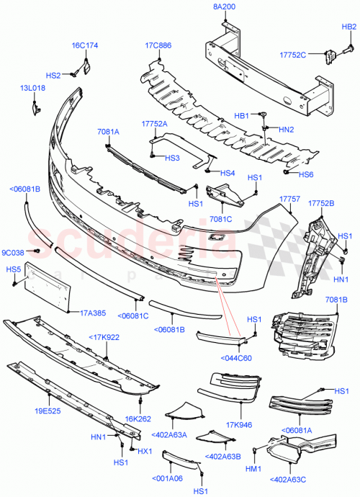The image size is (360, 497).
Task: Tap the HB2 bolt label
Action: (x=349, y=27)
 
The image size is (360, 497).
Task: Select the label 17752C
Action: (x=292, y=55)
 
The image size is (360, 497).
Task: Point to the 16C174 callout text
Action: (x=84, y=46)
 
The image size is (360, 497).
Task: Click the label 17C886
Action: (x=158, y=46)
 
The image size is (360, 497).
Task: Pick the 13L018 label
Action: (x=32, y=88)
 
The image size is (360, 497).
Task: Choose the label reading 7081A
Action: (x=108, y=132)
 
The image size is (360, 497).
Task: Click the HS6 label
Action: (x=306, y=174)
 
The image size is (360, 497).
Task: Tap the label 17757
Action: (x=290, y=197)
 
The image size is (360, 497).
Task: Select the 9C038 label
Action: (x=13, y=252)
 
